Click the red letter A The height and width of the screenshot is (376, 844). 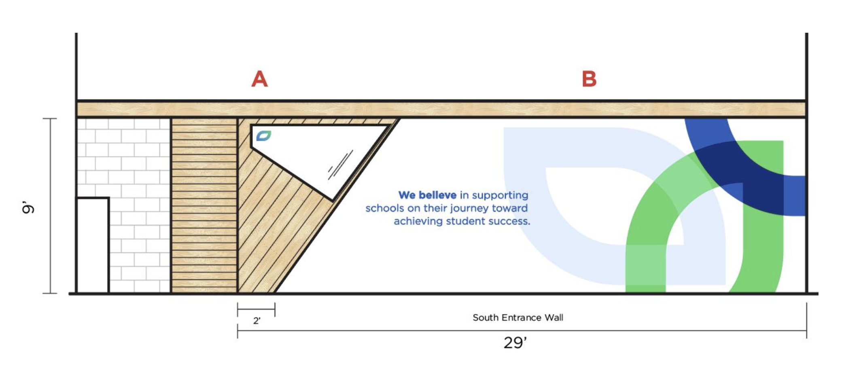(259, 79)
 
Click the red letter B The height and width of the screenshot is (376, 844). (589, 79)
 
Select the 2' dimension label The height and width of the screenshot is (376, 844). (257, 321)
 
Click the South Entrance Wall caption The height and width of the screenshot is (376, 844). (518, 318)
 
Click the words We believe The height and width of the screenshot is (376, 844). (427, 195)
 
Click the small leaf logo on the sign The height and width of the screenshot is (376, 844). (263, 136)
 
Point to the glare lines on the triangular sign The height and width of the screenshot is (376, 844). (340, 165)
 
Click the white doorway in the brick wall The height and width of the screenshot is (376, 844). (93, 245)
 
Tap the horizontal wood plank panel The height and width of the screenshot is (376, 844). (204, 205)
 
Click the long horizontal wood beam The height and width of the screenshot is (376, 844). (441, 109)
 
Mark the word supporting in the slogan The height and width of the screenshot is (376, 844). (500, 196)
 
